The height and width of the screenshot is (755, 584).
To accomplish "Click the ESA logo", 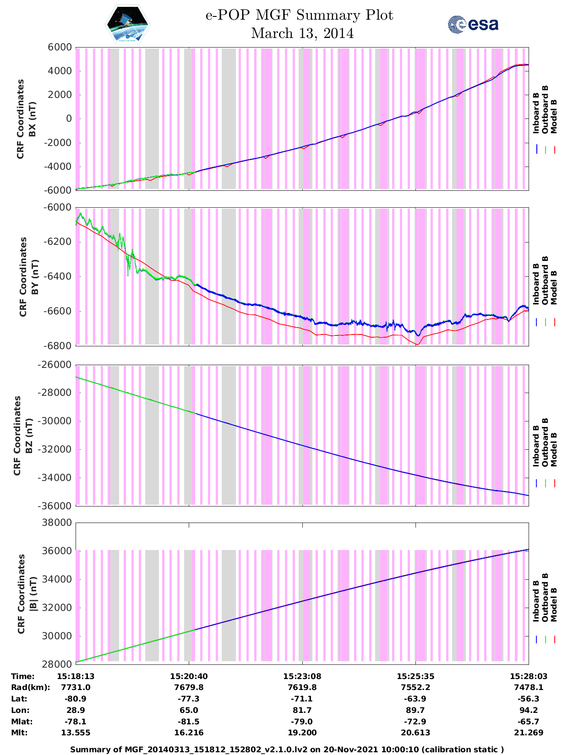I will tap(473, 24).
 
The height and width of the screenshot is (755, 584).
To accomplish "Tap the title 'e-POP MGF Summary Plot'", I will tap(299, 15).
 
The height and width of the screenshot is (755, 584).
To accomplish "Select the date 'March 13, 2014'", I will tap(302, 33).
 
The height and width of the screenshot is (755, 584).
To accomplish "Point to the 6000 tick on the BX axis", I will tap(60, 47).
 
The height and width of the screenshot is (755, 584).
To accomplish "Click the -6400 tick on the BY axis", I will tap(56, 276).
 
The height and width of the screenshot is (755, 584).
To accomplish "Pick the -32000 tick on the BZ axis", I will tap(56, 449).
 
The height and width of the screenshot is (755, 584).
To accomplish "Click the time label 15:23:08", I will tap(302, 676).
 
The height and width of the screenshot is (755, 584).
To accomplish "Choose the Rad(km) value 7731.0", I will tap(76, 687).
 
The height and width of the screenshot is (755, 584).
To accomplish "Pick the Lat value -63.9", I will tap(415, 699).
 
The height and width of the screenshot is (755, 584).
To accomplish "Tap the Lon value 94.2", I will tap(529, 710).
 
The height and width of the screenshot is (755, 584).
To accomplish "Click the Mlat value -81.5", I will tap(189, 722).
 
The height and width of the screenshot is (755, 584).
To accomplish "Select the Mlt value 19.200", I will tap(302, 733).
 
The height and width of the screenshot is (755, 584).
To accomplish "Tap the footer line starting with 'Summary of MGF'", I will tap(287, 750).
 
